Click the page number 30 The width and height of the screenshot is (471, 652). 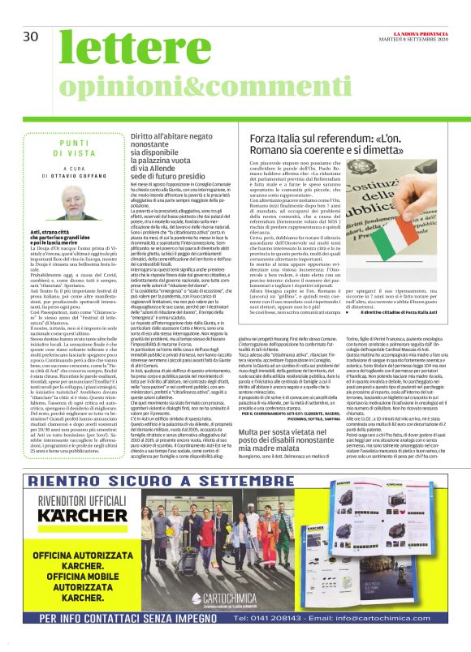pyautogui.click(x=31, y=36)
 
